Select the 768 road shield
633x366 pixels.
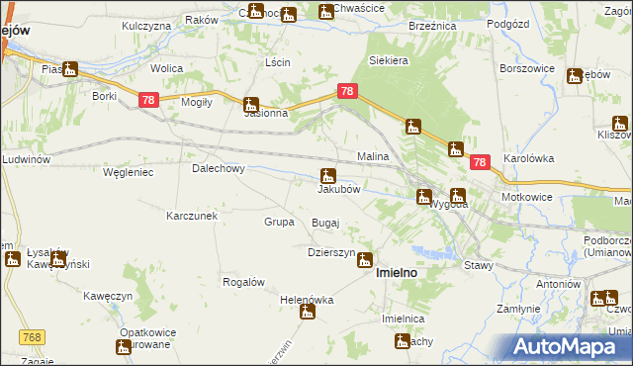click(x=31, y=337)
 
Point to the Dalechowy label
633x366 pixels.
click(x=218, y=168)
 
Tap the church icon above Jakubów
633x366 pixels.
click(x=327, y=175)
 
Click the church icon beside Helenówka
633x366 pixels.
click(x=308, y=313)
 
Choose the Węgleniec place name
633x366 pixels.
click(x=126, y=172)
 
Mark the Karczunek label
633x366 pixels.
click(x=192, y=215)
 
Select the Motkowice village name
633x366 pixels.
click(x=530, y=196)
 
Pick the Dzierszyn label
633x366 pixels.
click(x=331, y=252)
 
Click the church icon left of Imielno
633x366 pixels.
click(x=365, y=260)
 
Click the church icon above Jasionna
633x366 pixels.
click(x=252, y=104)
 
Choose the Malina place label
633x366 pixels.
click(x=373, y=157)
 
